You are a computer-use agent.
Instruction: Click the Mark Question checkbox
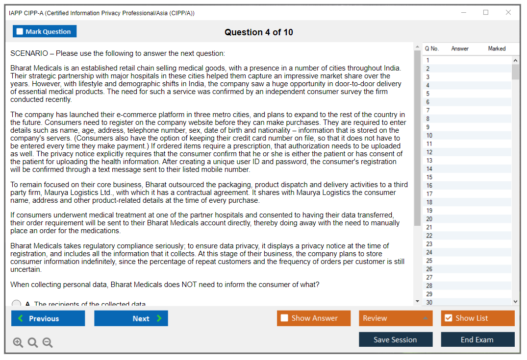tap(20, 32)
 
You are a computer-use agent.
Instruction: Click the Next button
tap(131, 318)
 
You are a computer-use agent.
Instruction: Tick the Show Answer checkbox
tap(284, 318)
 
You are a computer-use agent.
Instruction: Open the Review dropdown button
tap(396, 318)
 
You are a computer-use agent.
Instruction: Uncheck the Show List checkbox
tap(448, 318)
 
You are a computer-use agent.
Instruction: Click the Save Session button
tap(396, 339)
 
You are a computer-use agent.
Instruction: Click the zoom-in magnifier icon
tap(18, 342)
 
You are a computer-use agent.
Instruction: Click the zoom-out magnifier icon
tap(48, 342)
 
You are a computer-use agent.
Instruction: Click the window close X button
tap(508, 13)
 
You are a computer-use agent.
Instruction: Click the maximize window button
tap(486, 13)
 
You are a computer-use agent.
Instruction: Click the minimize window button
tap(463, 13)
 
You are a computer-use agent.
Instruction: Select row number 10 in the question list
tap(466, 136)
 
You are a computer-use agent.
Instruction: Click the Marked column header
tap(497, 48)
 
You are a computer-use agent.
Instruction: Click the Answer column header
tap(460, 48)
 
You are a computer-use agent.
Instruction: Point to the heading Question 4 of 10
tap(259, 32)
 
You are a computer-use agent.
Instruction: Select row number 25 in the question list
tap(466, 261)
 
